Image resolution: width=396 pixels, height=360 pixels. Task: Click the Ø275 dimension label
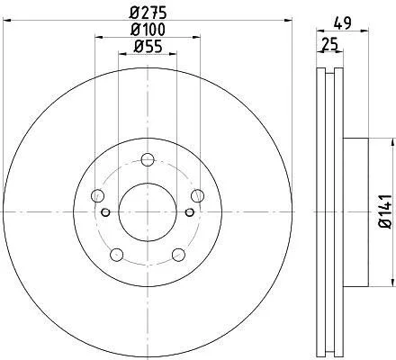[148, 13]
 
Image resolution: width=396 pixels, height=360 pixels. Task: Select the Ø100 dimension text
[148, 30]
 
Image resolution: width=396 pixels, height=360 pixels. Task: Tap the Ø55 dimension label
[148, 46]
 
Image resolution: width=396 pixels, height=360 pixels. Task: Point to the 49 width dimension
[343, 23]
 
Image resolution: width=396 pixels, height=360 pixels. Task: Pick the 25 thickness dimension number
[329, 44]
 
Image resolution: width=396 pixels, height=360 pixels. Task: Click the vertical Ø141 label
[385, 211]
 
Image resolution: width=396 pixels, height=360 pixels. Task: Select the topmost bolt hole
[148, 159]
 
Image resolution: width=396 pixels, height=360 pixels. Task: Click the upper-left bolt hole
[97, 196]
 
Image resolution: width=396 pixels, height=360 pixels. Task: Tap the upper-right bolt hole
[198, 196]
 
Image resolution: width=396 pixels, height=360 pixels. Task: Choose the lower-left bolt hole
[117, 255]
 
